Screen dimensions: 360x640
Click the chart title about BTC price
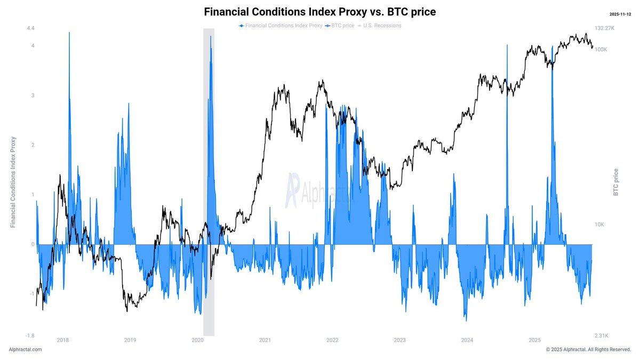(320, 12)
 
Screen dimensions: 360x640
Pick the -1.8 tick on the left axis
(30, 335)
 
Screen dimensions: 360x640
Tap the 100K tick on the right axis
(601, 50)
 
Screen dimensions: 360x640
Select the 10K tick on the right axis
(599, 225)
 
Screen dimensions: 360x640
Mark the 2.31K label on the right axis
(602, 335)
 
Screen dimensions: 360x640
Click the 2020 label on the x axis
(197, 340)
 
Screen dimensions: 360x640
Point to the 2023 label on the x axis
(399, 340)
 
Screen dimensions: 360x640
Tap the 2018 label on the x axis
(62, 340)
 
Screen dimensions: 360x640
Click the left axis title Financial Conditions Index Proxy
(13, 182)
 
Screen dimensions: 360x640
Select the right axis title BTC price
(617, 182)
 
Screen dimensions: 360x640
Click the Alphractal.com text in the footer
(25, 349)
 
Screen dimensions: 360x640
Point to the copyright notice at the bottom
(588, 349)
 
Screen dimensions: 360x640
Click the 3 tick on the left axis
(33, 95)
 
